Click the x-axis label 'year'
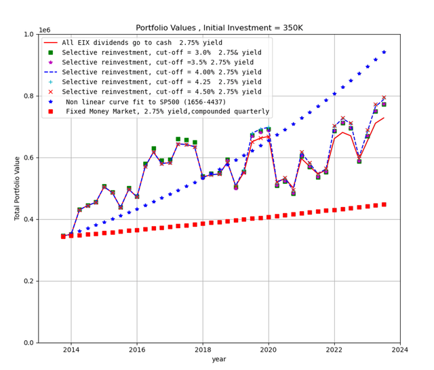tap(219, 359)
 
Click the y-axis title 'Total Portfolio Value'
tap(18, 189)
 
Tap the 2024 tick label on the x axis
tap(400, 350)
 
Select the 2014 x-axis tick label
tap(71, 350)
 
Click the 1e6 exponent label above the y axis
tap(45, 30)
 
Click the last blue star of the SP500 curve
tap(384, 52)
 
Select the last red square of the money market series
tap(384, 204)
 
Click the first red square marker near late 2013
tap(63, 236)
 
